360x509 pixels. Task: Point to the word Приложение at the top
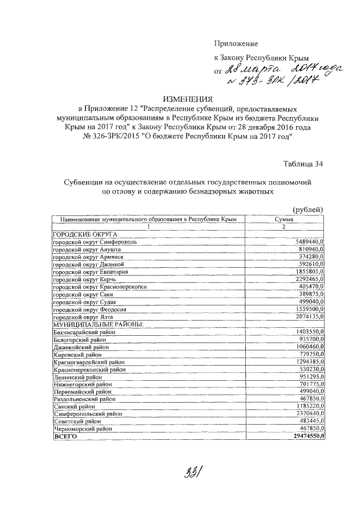click(236, 43)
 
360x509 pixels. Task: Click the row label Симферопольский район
click(86, 413)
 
